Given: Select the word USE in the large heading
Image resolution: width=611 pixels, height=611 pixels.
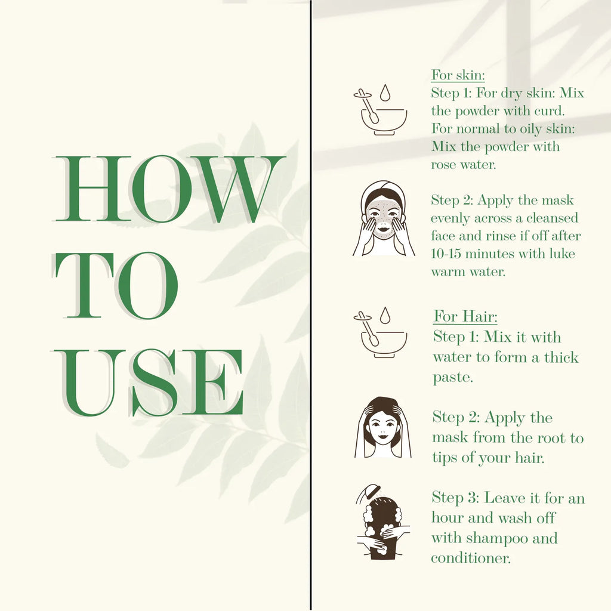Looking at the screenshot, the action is (148, 382).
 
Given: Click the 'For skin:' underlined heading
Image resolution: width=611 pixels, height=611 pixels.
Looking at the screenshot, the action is (458, 75).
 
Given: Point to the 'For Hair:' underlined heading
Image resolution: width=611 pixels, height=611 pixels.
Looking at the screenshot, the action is (465, 316).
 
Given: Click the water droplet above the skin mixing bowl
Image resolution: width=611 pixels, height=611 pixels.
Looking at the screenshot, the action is (385, 92).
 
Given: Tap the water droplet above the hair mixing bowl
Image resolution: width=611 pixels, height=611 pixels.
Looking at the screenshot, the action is (385, 315).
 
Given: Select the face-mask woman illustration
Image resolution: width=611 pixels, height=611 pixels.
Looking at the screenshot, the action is (384, 218).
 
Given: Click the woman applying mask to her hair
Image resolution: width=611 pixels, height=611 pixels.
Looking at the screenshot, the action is (382, 427).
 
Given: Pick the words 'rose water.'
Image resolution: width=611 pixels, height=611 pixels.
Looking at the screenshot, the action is (464, 165).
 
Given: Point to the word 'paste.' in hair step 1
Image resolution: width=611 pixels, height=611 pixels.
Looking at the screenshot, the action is (453, 378).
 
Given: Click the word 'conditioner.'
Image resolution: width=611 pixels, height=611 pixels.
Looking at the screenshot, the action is (471, 558).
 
